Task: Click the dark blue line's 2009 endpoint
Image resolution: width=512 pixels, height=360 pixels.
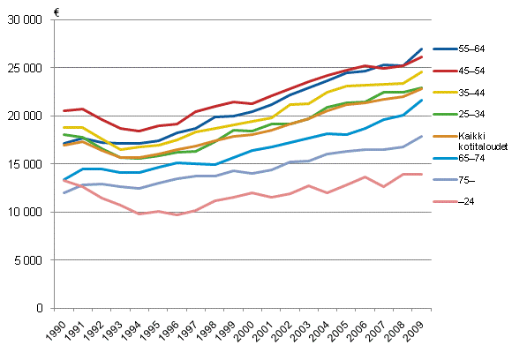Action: tap(422, 49)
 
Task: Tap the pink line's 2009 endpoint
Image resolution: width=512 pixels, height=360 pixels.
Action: tap(422, 175)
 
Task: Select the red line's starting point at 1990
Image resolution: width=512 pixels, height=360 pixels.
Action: tap(64, 111)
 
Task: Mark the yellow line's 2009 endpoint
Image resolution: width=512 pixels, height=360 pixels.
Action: tap(422, 71)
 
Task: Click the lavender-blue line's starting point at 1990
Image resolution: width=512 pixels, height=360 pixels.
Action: tap(64, 192)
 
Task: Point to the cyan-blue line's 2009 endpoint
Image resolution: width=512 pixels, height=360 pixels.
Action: tap(422, 101)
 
